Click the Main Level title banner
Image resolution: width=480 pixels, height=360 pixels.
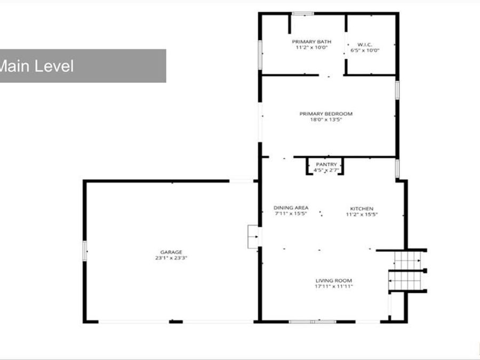pyautogui.click(x=83, y=66)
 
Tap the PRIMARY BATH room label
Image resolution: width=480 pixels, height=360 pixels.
pyautogui.click(x=311, y=42)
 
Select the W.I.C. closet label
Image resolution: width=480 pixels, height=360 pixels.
pyautogui.click(x=365, y=45)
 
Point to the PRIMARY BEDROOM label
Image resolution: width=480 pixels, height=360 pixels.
pyautogui.click(x=326, y=114)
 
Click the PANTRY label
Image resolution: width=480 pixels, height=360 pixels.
pyautogui.click(x=326, y=164)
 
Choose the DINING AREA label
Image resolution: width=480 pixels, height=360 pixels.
pyautogui.click(x=291, y=208)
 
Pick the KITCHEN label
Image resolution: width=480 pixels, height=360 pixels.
pyautogui.click(x=362, y=209)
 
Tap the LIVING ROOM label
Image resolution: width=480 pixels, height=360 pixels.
pyautogui.click(x=334, y=281)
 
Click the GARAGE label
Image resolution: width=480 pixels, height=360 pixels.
pyautogui.click(x=171, y=252)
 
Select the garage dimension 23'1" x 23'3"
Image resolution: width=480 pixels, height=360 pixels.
pyautogui.click(x=171, y=258)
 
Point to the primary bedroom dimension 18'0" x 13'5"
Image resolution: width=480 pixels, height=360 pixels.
pyautogui.click(x=326, y=119)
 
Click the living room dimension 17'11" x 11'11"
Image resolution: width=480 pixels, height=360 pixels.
pyautogui.click(x=334, y=286)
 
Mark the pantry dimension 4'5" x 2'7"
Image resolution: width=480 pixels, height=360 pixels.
pyautogui.click(x=326, y=170)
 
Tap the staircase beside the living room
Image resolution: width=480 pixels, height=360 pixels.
pyautogui.click(x=407, y=271)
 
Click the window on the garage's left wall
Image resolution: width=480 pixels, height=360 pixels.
pyautogui.click(x=85, y=251)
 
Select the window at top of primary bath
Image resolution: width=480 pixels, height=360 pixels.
pyautogui.click(x=303, y=13)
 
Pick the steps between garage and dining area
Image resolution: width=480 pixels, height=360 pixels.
pyautogui.click(x=253, y=237)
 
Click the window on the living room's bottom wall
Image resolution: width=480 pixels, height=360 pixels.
pyautogui.click(x=313, y=322)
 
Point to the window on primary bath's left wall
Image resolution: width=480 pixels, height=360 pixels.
pyautogui.click(x=260, y=55)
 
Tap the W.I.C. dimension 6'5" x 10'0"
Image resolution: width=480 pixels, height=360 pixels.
pyautogui.click(x=365, y=51)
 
